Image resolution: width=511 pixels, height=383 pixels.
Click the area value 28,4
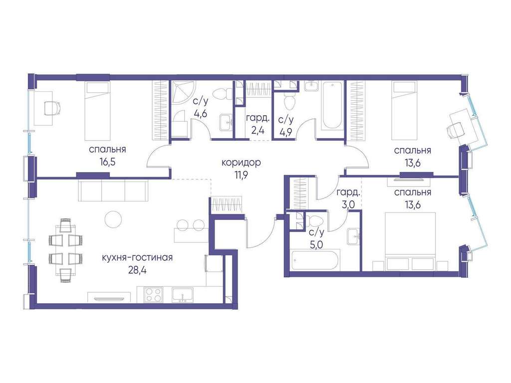[x=137, y=270]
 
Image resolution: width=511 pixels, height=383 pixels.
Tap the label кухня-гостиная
[x=137, y=258]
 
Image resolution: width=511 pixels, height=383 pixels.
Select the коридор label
[x=241, y=162]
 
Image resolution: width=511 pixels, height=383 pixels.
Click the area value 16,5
[x=108, y=162]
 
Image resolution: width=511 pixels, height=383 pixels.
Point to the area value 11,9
[x=241, y=175]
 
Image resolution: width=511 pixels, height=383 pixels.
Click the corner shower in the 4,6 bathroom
[x=183, y=93]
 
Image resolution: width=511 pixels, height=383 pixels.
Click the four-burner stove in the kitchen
[x=154, y=295]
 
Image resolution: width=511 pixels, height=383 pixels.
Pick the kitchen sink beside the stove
[x=182, y=295]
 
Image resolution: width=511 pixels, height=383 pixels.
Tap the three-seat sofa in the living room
[x=113, y=190]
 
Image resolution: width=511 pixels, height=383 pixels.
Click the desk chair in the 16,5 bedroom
[x=52, y=108]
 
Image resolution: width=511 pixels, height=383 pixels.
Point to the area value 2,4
[x=257, y=132]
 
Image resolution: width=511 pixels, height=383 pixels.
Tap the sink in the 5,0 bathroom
[x=353, y=236]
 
